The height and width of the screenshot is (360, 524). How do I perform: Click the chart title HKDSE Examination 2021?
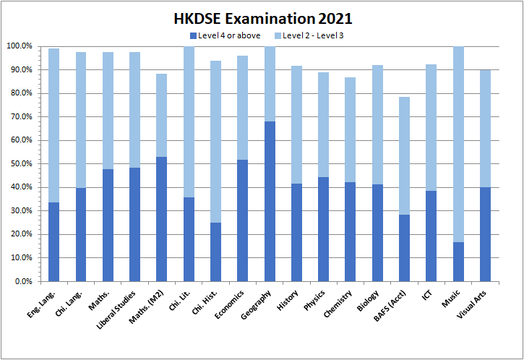(262, 18)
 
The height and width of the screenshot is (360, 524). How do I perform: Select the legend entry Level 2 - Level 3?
(308, 35)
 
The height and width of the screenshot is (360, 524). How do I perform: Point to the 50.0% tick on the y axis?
(19, 164)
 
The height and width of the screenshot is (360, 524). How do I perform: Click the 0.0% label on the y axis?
(21, 281)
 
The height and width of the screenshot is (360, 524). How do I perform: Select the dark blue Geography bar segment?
(270, 201)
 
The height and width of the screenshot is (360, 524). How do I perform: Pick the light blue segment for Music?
(458, 145)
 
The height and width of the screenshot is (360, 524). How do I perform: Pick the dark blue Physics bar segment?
(324, 229)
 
